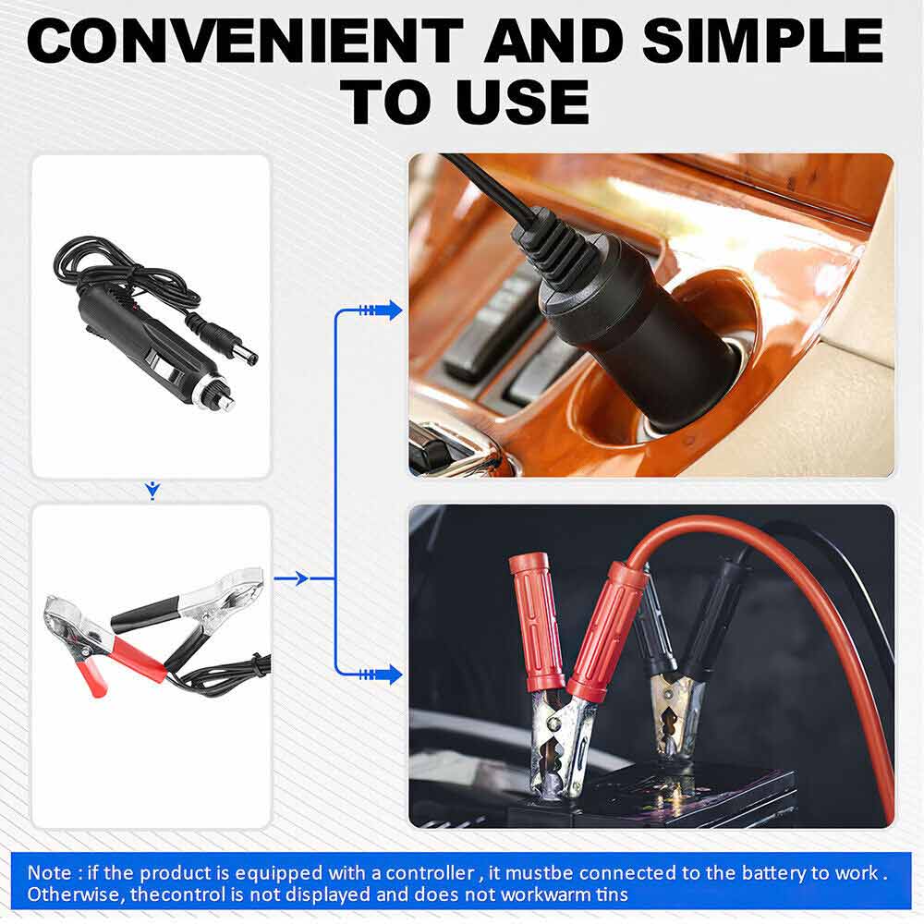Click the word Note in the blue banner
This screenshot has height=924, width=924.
[x=46, y=871]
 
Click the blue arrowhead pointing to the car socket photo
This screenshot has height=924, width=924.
[x=392, y=310]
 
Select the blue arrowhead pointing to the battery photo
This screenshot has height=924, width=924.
[x=392, y=675]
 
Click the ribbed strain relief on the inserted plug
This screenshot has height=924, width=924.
[x=549, y=249]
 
